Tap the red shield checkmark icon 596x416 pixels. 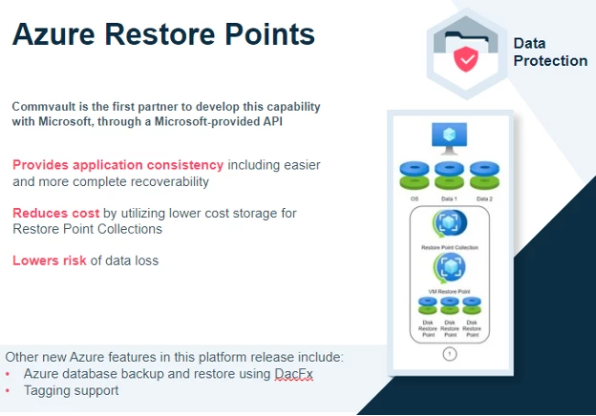click(x=465, y=60)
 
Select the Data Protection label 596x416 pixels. click(x=549, y=52)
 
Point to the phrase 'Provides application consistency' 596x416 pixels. click(x=118, y=165)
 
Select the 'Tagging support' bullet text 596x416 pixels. click(x=73, y=391)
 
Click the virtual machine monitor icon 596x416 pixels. click(x=449, y=139)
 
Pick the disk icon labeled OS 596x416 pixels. click(x=414, y=176)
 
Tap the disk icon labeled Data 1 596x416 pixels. click(x=449, y=176)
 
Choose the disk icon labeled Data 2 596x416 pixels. click(x=484, y=176)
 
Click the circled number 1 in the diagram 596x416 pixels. click(x=450, y=353)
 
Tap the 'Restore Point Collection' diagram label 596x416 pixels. click(x=449, y=247)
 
